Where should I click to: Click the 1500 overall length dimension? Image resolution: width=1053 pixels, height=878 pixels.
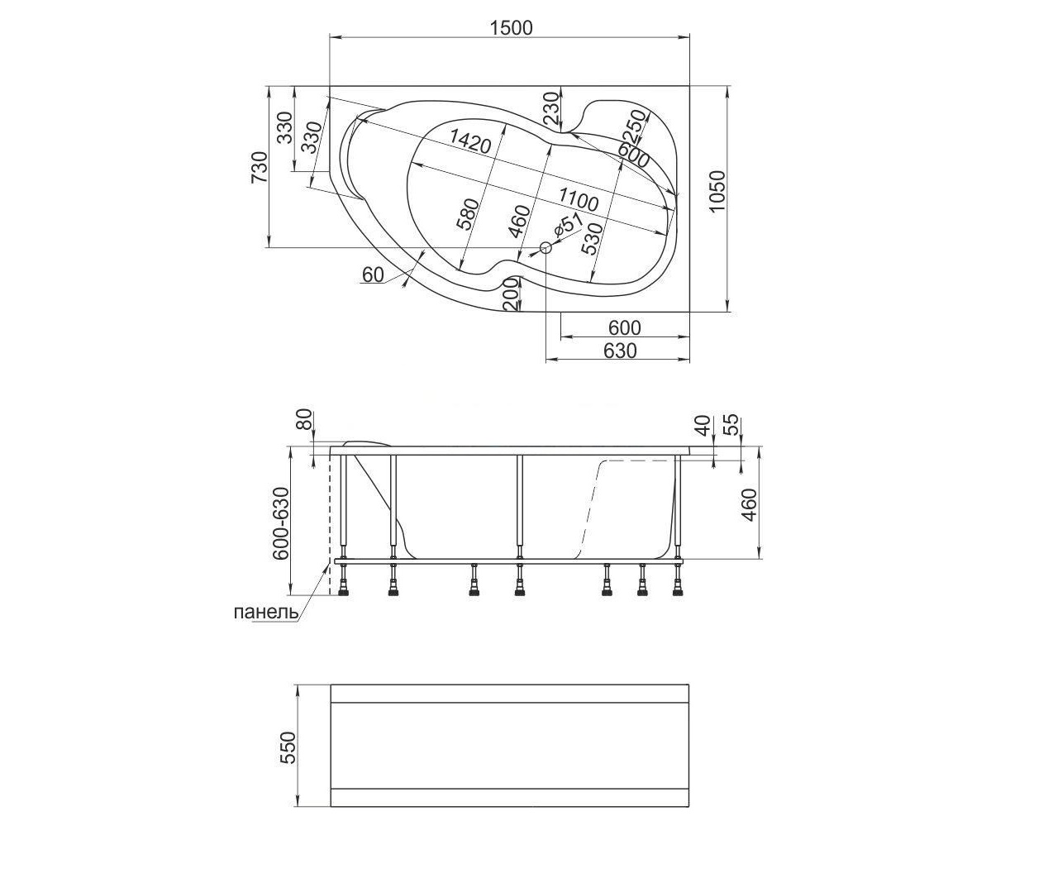point(511,28)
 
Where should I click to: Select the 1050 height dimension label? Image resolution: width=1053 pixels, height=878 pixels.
point(717,192)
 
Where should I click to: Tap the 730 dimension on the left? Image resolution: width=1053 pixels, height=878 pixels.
point(260,168)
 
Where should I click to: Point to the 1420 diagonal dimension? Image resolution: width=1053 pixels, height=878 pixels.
point(469,141)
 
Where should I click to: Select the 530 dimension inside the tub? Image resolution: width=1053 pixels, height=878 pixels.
point(591,239)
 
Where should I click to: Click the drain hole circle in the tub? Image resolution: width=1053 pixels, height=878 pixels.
point(546,247)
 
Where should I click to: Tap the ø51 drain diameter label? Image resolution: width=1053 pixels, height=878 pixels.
point(567,226)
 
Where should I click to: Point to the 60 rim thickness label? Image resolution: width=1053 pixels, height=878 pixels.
point(374,275)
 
